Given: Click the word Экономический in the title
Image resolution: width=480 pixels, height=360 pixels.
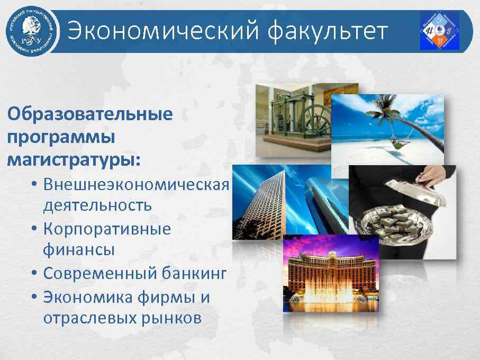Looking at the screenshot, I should coord(163,31).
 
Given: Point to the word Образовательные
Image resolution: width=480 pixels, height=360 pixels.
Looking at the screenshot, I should coord(89,114).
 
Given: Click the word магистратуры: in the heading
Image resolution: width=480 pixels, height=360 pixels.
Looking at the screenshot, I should coord(74,159).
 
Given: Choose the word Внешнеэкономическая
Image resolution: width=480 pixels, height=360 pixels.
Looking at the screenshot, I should coord(136,185).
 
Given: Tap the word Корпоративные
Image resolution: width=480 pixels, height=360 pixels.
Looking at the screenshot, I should coord(107,230).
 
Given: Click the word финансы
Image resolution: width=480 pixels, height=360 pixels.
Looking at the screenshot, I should coord(79,249).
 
